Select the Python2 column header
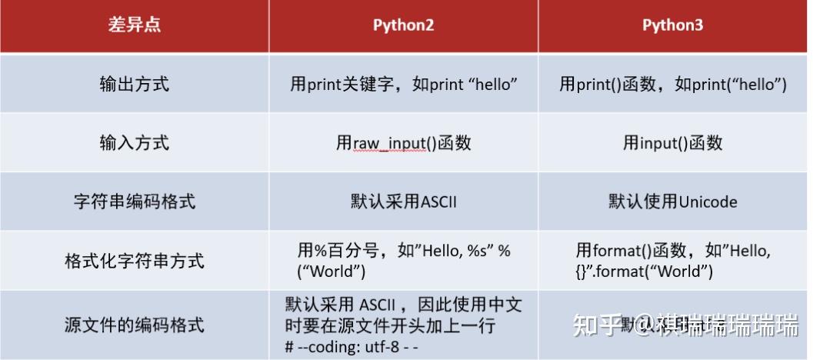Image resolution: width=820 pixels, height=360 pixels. (403, 25)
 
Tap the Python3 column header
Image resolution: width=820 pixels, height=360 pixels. (672, 25)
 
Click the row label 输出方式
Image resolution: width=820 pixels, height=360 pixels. (134, 84)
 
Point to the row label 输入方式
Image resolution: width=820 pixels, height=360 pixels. (134, 143)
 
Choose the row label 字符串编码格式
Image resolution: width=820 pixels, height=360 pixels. (134, 202)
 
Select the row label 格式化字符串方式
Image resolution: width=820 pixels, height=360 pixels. (134, 261)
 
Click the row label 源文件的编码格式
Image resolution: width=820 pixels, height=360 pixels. (134, 325)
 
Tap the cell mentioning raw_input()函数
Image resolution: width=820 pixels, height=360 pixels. (403, 143)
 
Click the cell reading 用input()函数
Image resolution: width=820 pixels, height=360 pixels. (672, 143)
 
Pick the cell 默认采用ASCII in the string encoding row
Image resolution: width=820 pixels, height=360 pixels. (403, 202)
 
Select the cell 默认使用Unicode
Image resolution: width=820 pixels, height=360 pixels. (672, 202)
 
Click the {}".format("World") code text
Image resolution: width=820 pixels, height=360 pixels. (644, 271)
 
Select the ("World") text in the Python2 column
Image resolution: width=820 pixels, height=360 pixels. (331, 271)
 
